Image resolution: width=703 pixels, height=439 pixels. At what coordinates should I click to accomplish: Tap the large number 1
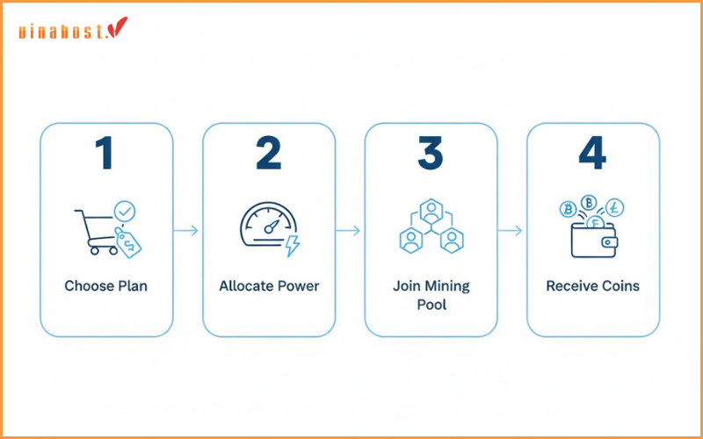[105, 153]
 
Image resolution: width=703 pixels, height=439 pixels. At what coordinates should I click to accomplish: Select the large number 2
[268, 153]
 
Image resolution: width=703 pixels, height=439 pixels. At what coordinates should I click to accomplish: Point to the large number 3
[430, 153]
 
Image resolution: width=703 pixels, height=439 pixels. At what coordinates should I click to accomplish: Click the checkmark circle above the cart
[125, 211]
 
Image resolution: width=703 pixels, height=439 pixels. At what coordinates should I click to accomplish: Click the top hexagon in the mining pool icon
[431, 212]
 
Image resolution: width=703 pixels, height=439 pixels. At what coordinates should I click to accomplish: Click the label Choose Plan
[105, 286]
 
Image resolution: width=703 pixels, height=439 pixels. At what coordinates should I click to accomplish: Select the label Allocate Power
[268, 286]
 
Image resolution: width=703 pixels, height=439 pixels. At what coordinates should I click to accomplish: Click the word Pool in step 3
[431, 305]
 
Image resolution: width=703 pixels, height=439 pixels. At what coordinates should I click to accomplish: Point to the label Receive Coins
[593, 286]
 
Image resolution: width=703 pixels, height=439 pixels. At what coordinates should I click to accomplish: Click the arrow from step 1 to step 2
[186, 231]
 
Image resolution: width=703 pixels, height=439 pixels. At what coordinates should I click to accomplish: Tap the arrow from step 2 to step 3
[349, 231]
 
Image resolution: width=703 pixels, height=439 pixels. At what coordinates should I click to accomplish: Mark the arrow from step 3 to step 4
[511, 231]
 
